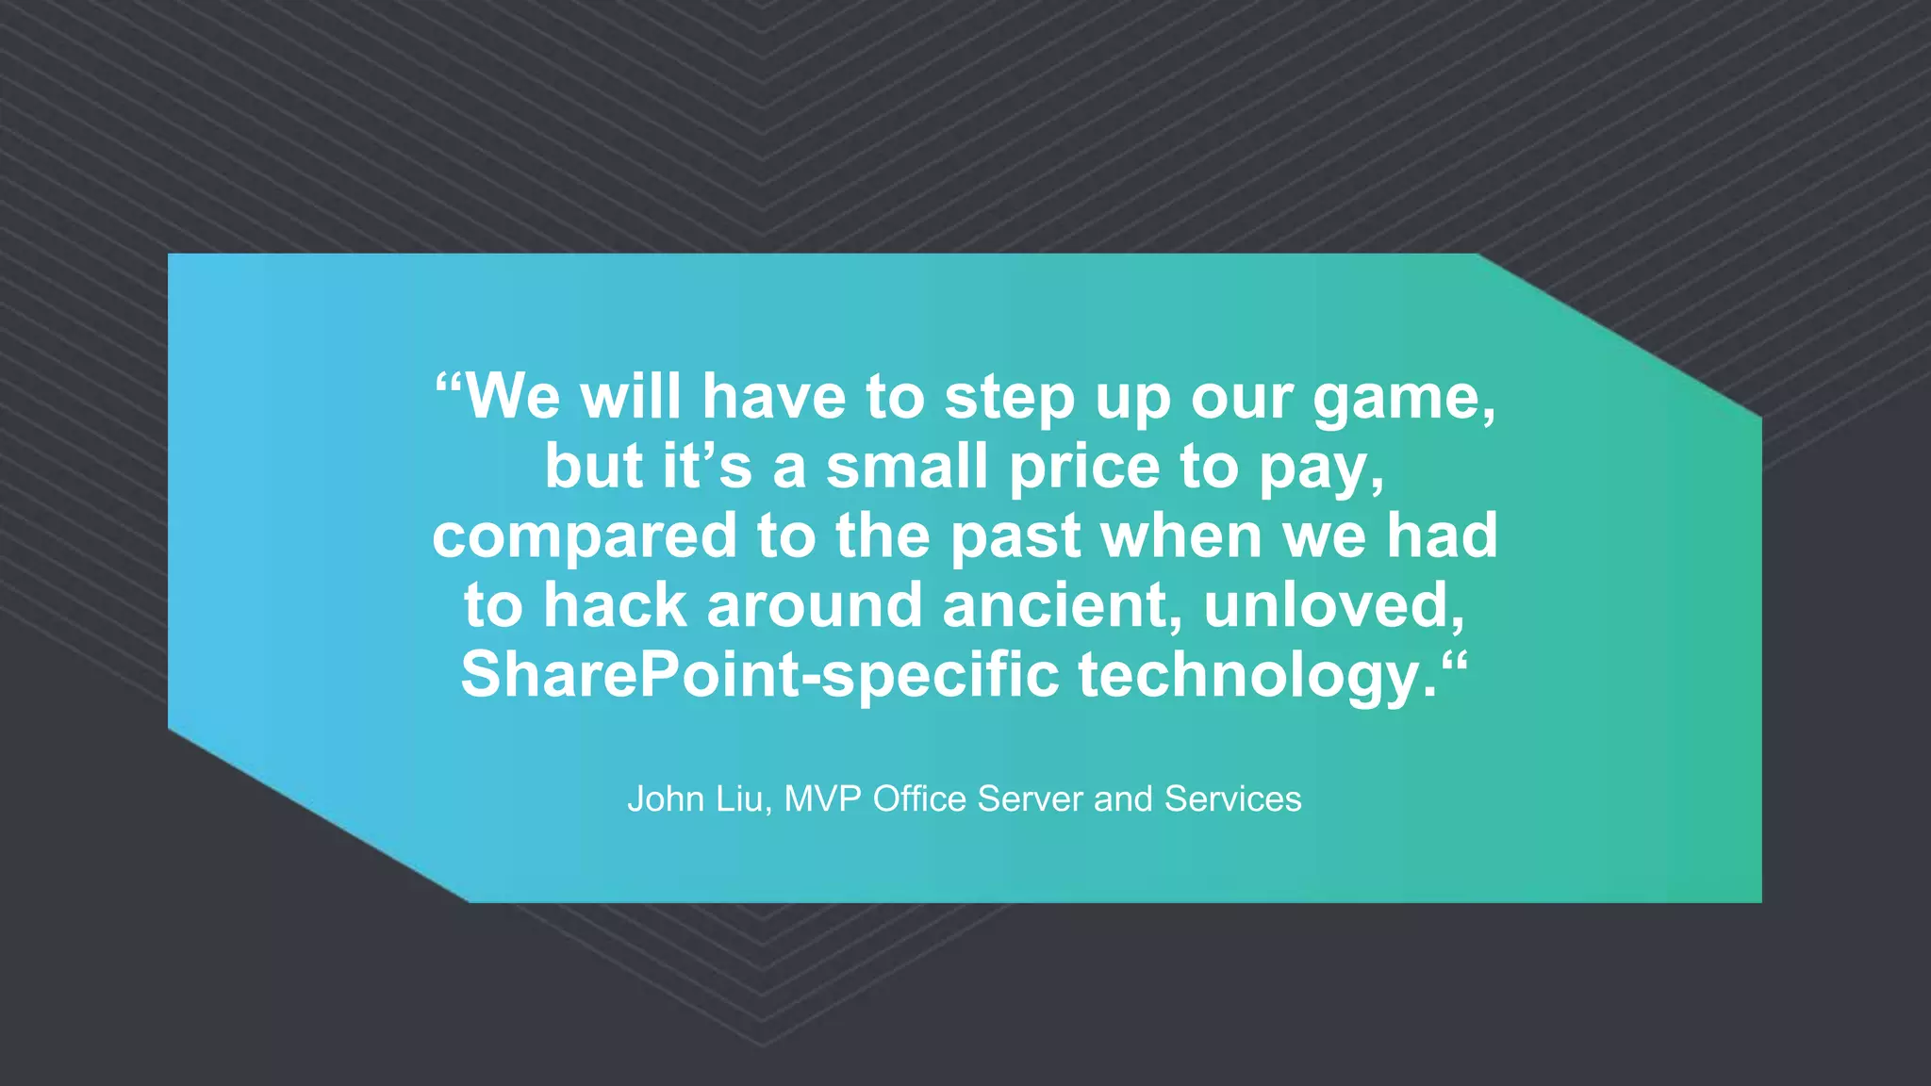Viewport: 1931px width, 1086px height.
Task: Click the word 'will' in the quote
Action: [630, 397]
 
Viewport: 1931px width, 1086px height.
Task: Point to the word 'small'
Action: [907, 467]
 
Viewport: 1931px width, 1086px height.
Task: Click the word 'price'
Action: [1084, 469]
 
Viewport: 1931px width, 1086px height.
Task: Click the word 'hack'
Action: [615, 605]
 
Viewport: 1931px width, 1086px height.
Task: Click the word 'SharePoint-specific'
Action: [760, 676]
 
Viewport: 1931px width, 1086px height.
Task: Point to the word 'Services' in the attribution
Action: [1232, 799]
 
